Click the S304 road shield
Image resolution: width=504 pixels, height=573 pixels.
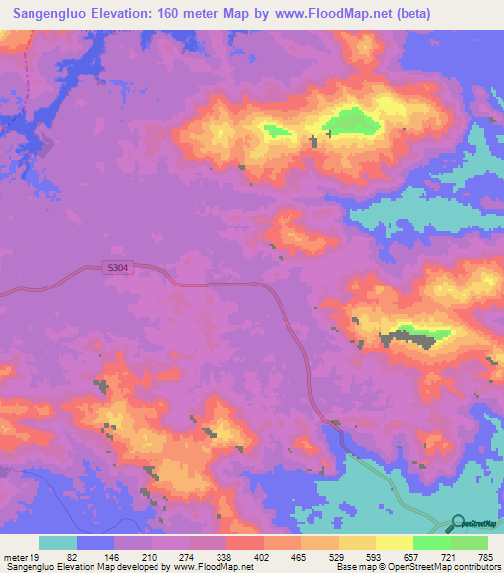pyautogui.click(x=118, y=266)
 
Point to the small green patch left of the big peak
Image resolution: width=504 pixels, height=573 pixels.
pyautogui.click(x=278, y=129)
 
